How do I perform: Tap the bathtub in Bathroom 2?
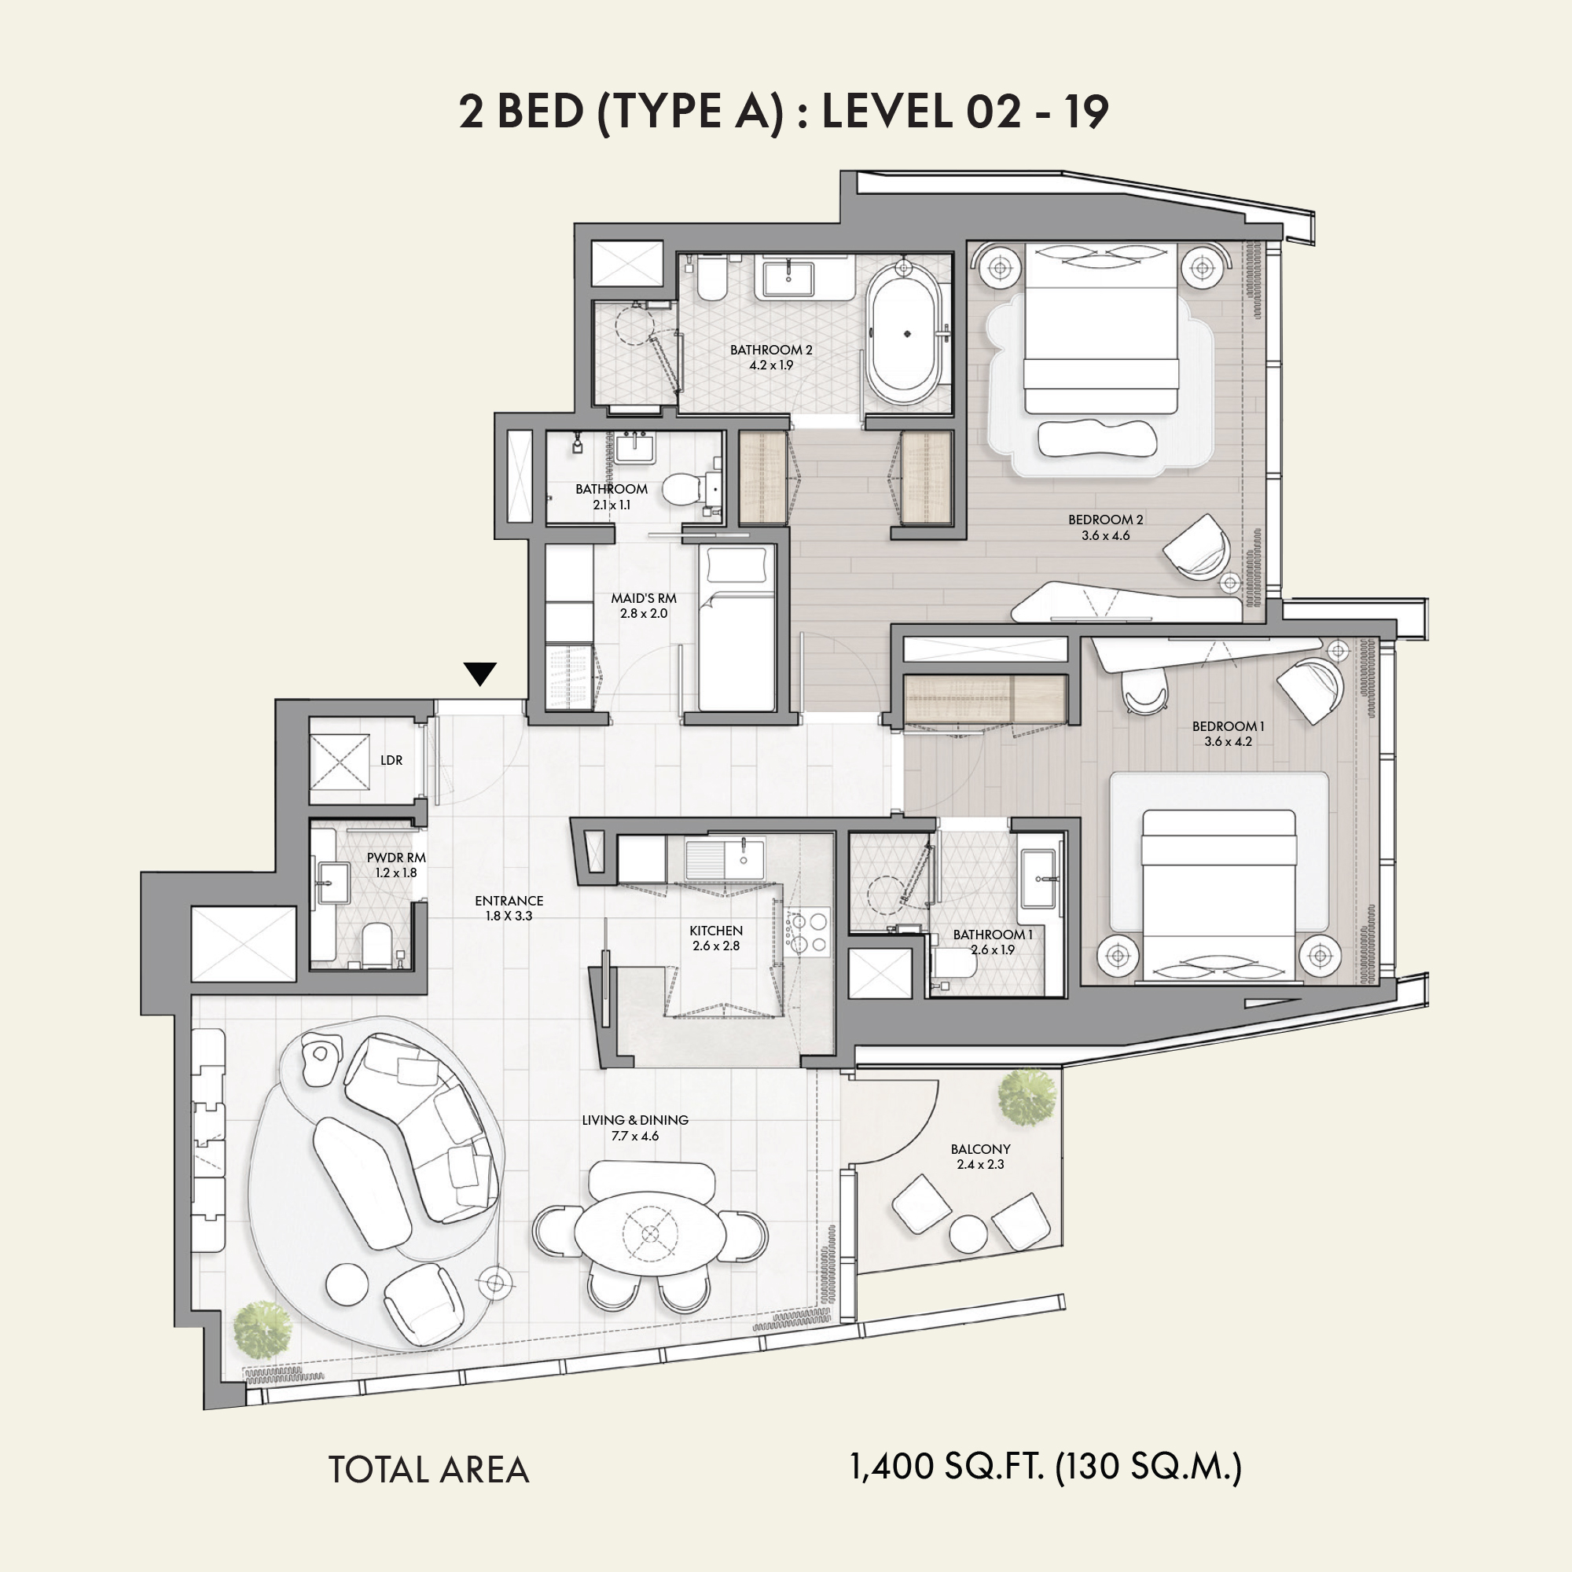(906, 338)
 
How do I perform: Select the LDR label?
(391, 760)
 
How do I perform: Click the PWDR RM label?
(396, 858)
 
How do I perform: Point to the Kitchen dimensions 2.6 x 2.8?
(716, 946)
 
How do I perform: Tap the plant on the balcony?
(1027, 1096)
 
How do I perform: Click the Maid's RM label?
(644, 598)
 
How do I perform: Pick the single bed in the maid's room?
(736, 627)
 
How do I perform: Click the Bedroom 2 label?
(1106, 519)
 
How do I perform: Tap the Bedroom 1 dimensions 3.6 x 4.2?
(1228, 741)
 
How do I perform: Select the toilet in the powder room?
(377, 946)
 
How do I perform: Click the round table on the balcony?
(968, 1232)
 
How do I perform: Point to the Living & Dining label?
(635, 1119)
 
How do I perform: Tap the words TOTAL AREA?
(429, 1470)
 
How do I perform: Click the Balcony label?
(980, 1149)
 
